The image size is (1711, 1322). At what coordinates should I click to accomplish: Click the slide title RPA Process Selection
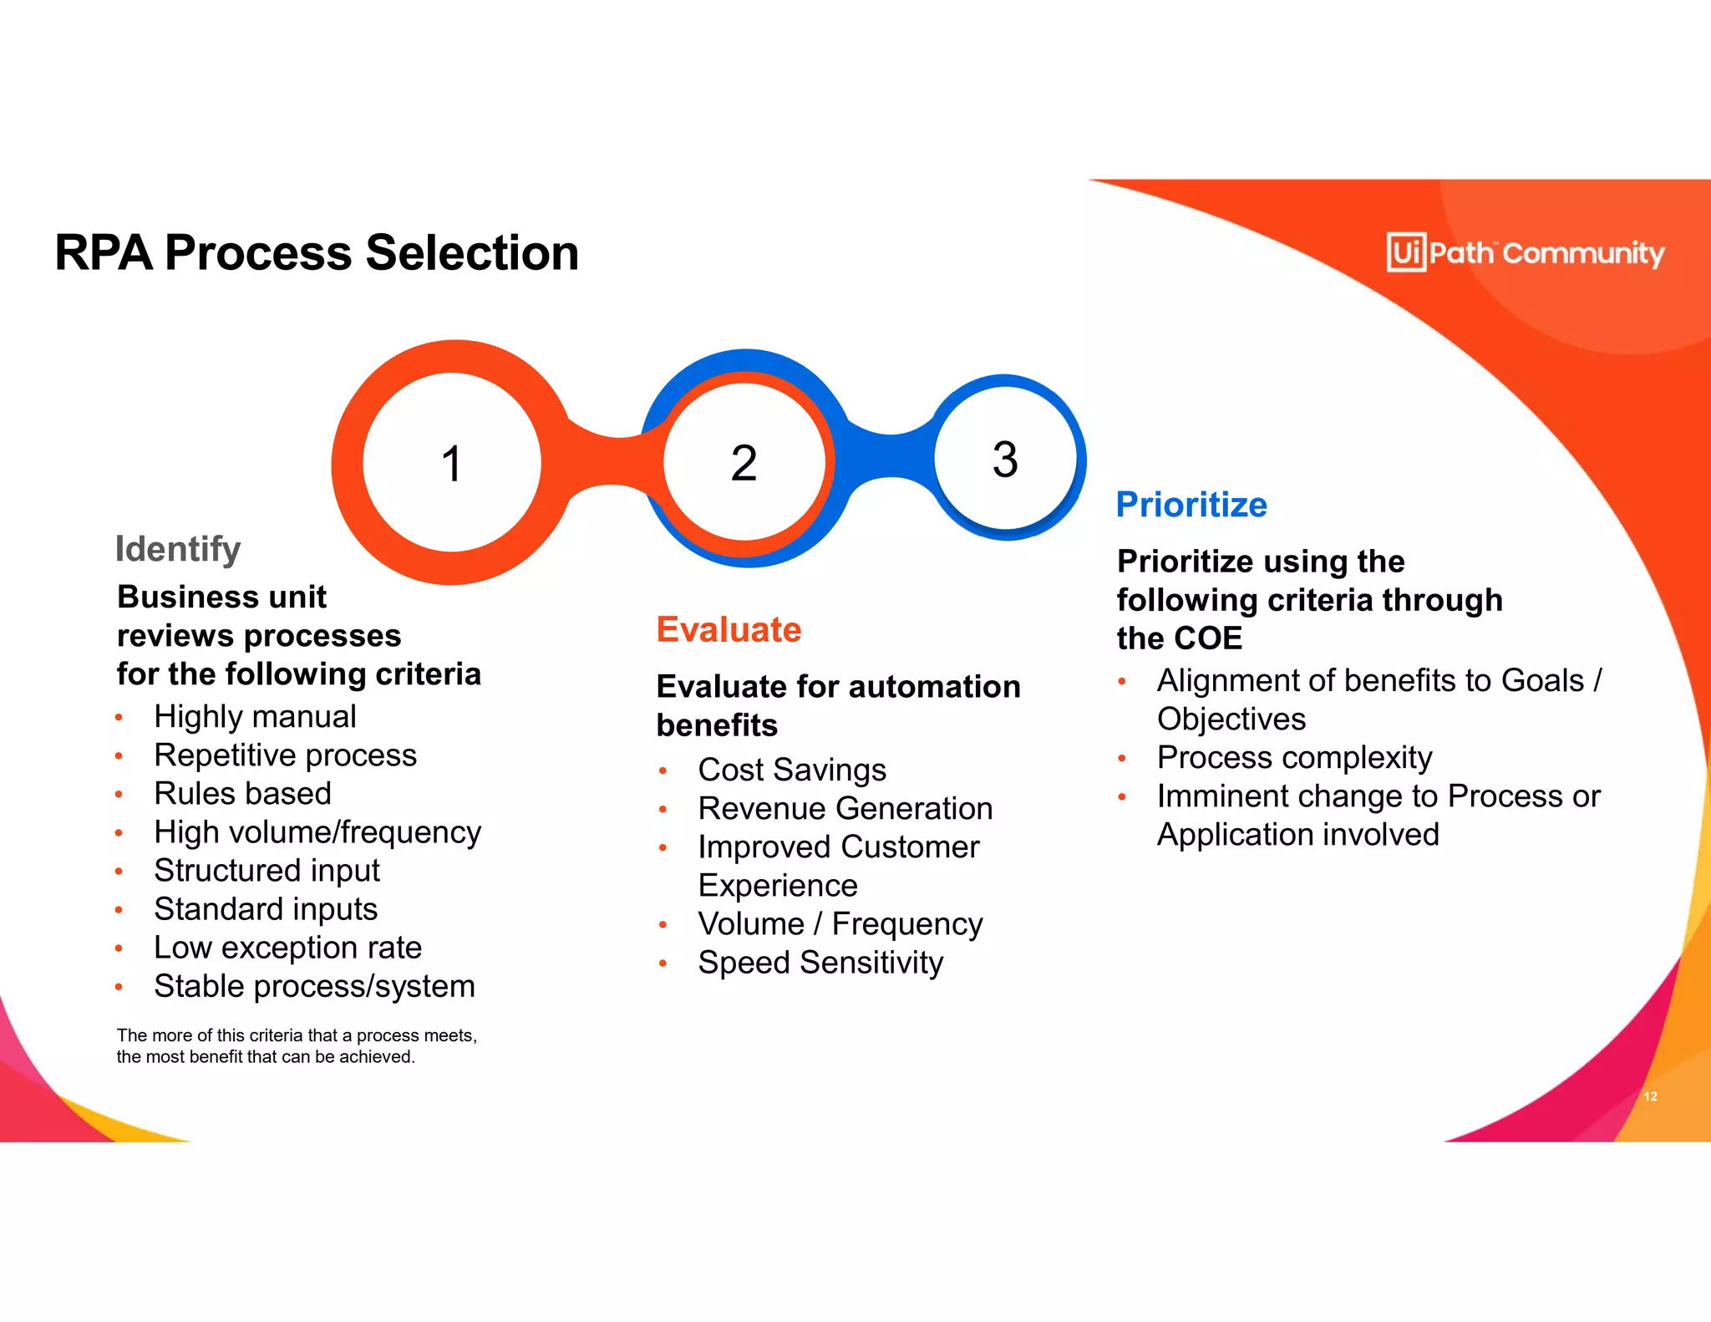pos(317,252)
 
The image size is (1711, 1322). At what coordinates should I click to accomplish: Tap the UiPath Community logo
pos(1525,252)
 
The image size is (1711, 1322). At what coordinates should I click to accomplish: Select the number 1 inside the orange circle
pos(452,464)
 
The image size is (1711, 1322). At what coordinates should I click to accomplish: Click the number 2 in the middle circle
pos(744,463)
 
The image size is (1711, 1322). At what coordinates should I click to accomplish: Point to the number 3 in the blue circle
pos(1005,459)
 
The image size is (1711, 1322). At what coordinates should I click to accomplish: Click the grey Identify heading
pos(178,549)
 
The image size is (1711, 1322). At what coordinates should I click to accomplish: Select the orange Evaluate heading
pos(729,629)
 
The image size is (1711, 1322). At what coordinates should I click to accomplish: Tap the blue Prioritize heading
pos(1191,505)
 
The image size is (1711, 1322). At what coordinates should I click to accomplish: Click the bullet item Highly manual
pos(255,716)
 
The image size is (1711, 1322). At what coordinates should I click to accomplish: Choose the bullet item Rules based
pos(242,793)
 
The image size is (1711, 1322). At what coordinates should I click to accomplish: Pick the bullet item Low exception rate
pos(287,948)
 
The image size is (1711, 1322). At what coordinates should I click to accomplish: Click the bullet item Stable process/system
pos(314,986)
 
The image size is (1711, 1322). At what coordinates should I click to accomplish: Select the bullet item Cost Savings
pos(792,770)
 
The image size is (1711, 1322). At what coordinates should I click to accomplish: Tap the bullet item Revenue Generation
pos(845,808)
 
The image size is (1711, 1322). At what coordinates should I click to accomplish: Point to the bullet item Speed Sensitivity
pos(820,963)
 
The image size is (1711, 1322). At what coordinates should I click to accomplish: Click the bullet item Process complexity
pos(1294,757)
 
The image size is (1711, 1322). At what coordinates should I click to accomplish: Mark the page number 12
pos(1650,1096)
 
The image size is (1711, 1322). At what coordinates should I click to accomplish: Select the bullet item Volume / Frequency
pos(840,924)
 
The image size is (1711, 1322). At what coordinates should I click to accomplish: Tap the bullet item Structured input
pos(267,871)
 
